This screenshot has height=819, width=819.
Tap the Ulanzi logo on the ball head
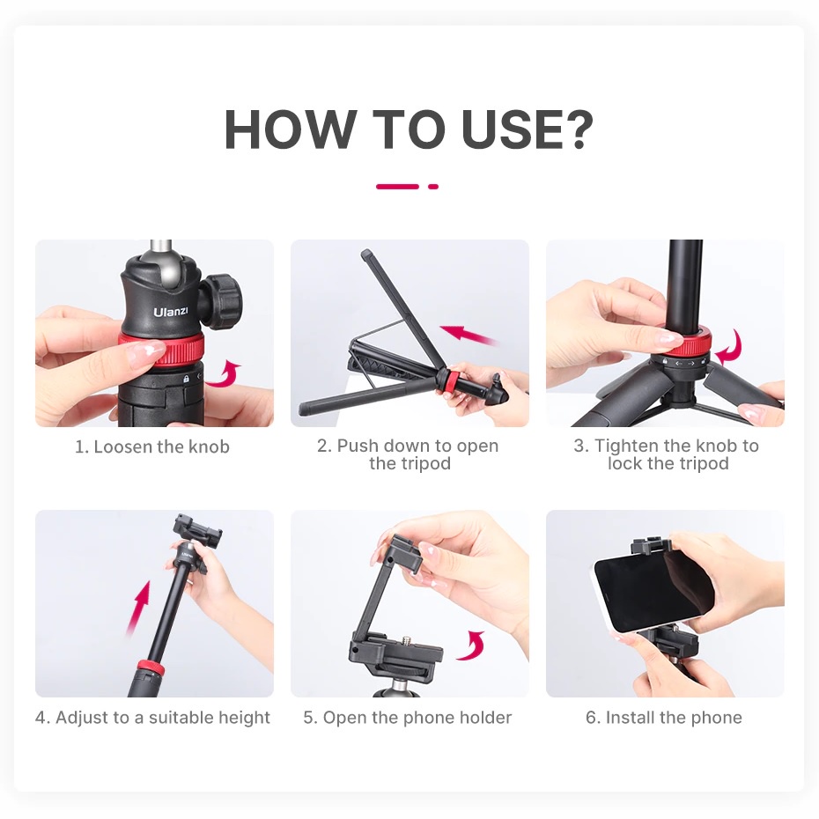coord(171,312)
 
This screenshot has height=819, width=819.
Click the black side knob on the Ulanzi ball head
coord(223,302)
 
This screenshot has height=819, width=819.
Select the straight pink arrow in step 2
coord(468,335)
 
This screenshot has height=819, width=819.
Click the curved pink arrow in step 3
coord(730,347)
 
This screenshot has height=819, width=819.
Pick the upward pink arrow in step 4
coord(138,609)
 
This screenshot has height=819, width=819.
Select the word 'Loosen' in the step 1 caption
coord(123,447)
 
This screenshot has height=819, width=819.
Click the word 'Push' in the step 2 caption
coord(358,446)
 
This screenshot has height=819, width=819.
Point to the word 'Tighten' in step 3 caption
coord(626,446)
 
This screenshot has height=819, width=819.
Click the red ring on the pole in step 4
coord(150,667)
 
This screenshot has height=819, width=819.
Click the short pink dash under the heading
coord(433,187)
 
